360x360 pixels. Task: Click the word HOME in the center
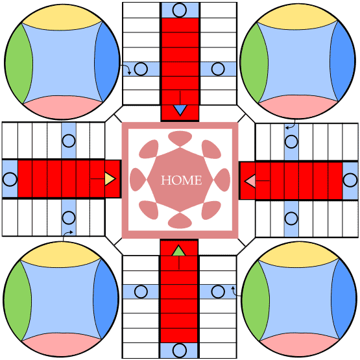click(x=182, y=180)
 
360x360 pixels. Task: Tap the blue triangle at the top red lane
click(x=180, y=110)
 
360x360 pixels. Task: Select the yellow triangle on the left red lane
click(x=110, y=178)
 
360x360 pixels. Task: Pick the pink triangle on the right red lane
click(x=250, y=181)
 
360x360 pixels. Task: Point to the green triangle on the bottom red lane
click(x=178, y=251)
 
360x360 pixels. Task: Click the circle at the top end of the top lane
click(x=179, y=10)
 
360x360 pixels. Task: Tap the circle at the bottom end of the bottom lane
click(x=179, y=350)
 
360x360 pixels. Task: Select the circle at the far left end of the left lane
click(x=10, y=179)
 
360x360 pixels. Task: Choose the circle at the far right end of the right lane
click(x=350, y=180)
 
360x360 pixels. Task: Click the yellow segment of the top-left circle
click(x=62, y=19)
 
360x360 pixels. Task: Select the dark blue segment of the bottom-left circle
click(x=107, y=299)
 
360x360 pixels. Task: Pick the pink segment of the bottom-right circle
click(x=298, y=344)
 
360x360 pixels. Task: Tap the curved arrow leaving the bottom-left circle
click(x=67, y=234)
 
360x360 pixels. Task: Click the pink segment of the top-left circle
click(x=62, y=108)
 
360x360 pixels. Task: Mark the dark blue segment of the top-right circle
click(x=342, y=61)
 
